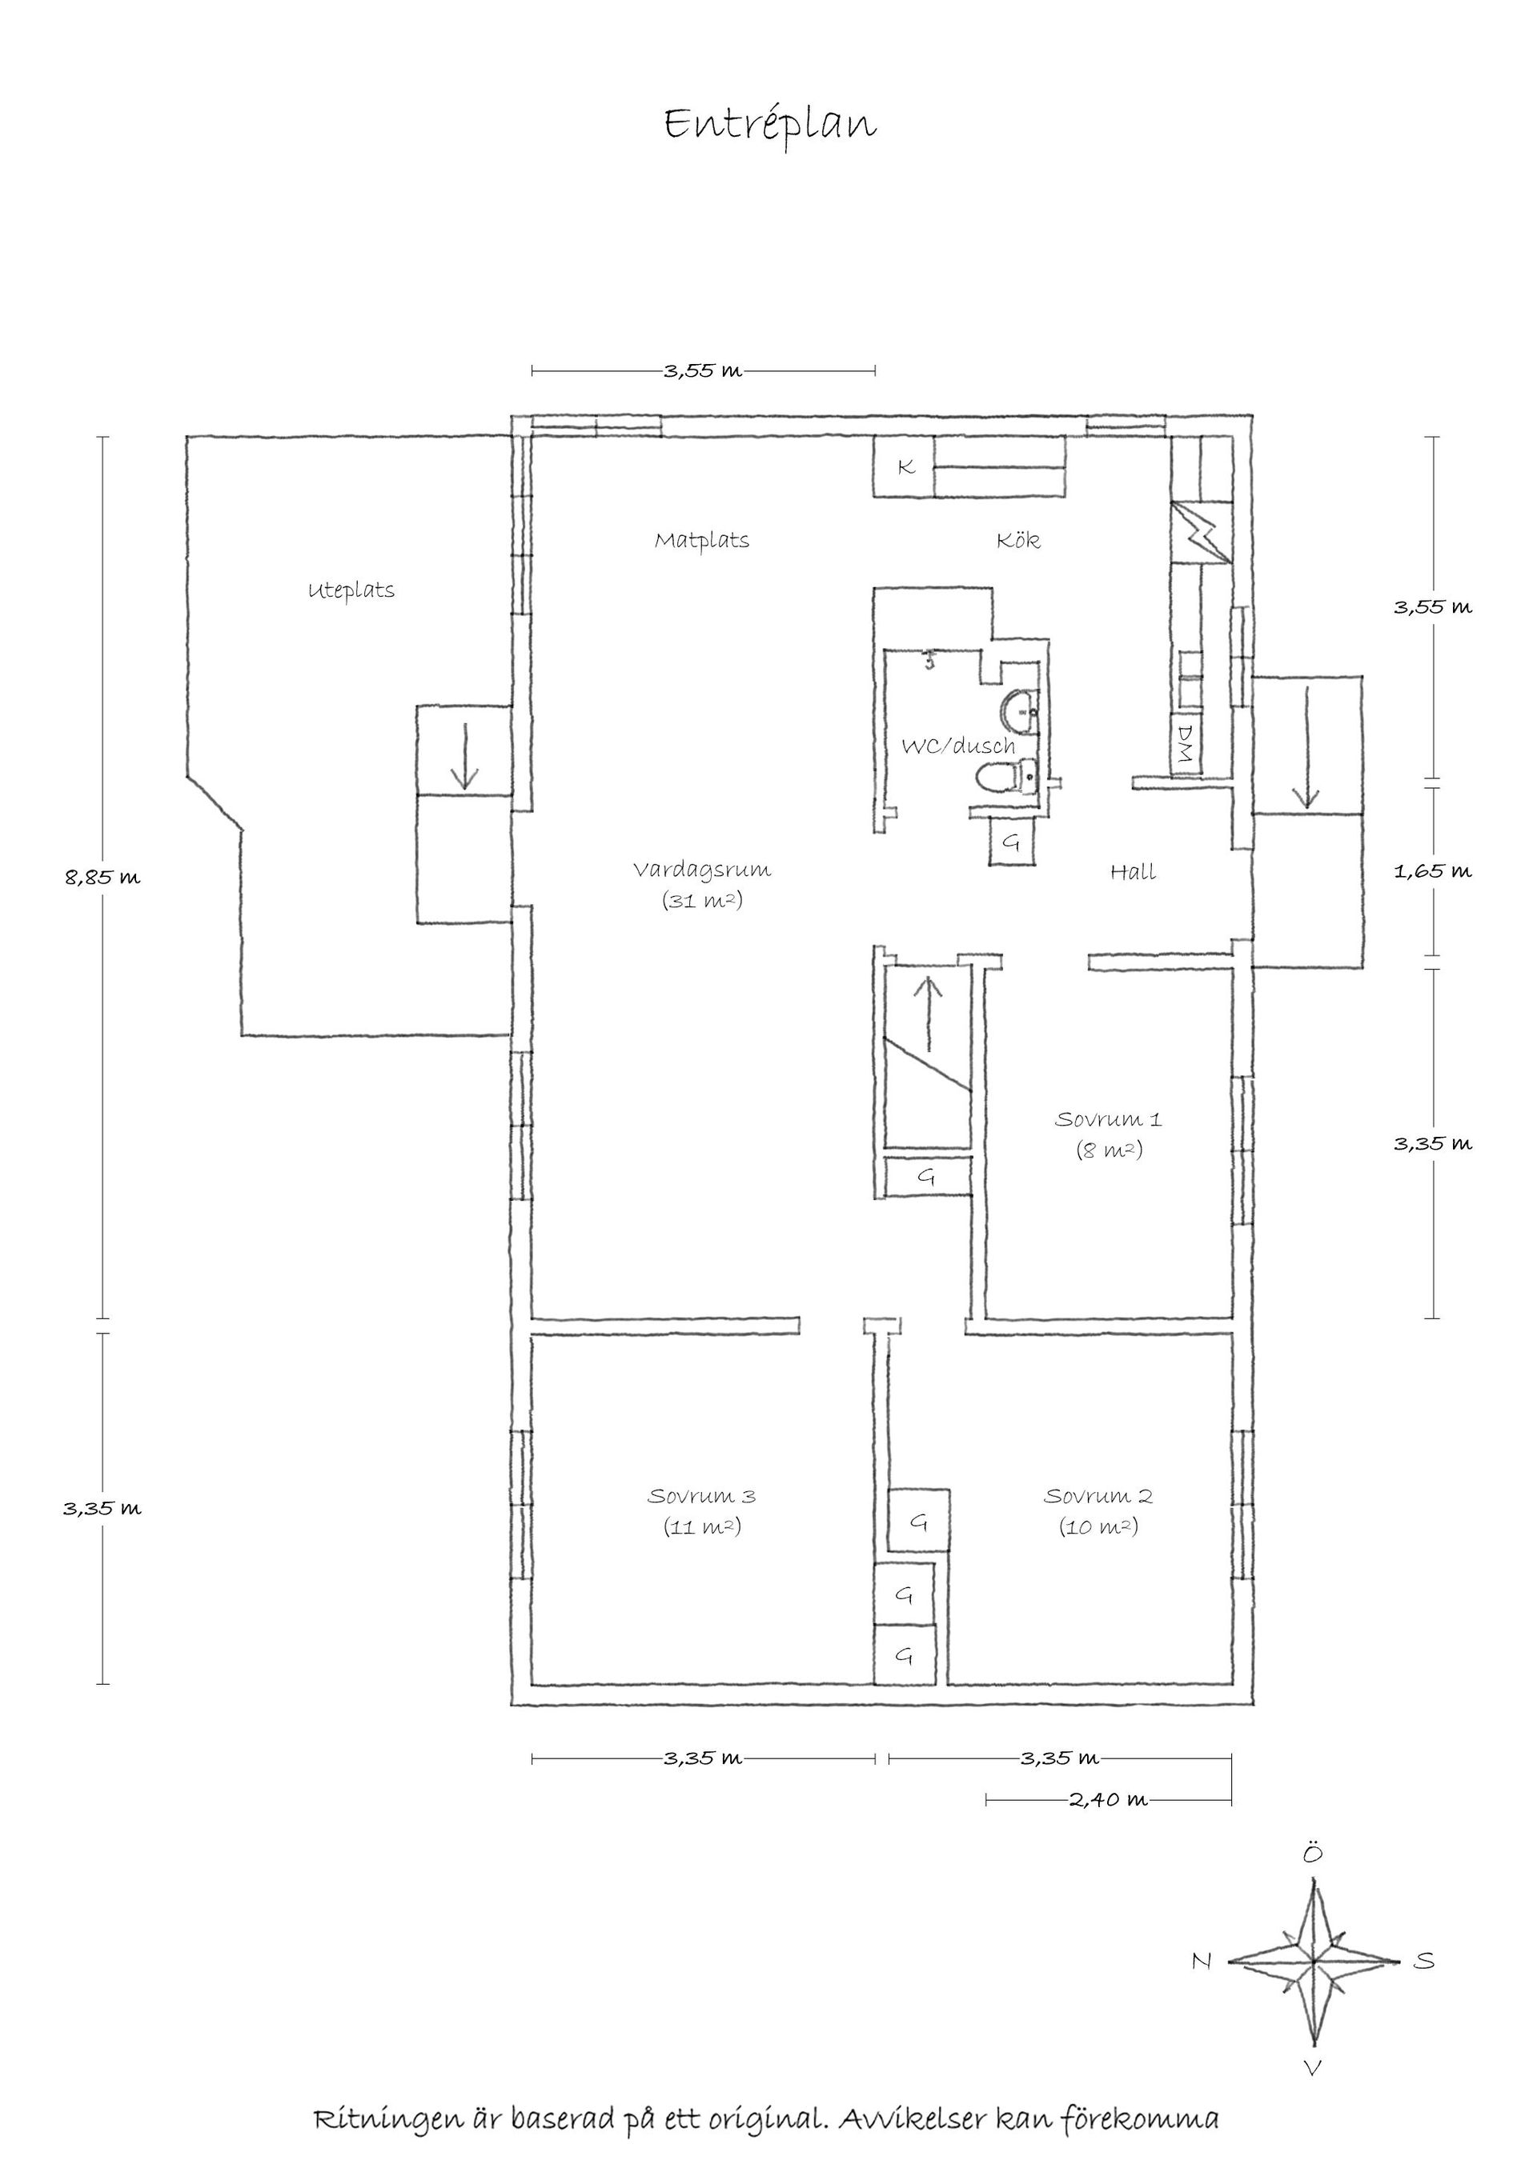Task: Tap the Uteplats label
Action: pos(351,591)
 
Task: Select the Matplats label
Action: pos(702,540)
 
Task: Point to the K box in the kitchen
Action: pos(905,466)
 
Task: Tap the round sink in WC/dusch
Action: pos(1019,710)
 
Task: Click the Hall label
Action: pos(1133,871)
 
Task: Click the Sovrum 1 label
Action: pos(1108,1119)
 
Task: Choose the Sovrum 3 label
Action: pos(701,1496)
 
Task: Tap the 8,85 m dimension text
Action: pos(102,877)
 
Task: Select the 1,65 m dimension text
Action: pos(1433,870)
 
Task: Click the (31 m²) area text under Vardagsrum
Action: pos(702,901)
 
